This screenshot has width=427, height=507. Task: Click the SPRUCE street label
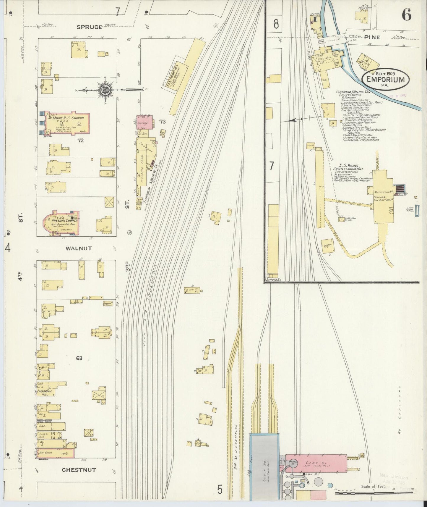click(x=90, y=27)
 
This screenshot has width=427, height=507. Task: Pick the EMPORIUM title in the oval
click(x=386, y=79)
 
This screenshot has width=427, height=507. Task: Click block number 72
click(x=80, y=140)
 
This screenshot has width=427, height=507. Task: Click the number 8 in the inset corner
click(x=276, y=24)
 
